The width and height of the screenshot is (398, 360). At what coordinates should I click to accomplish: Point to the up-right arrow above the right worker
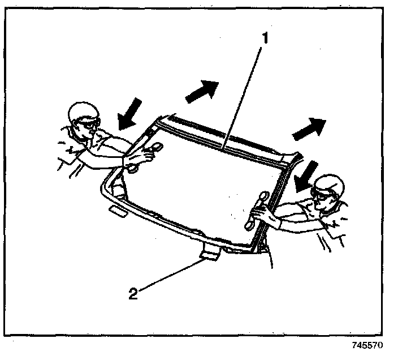point(309,128)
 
